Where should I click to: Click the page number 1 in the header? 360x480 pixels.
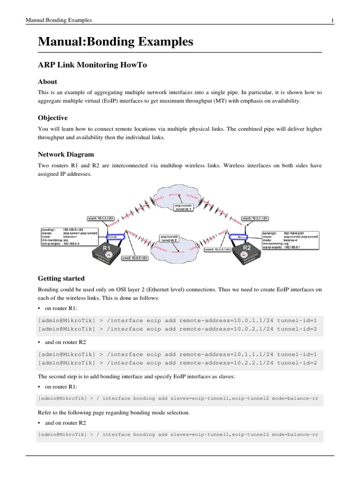point(332,20)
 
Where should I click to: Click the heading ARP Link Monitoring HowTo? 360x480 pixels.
point(92,65)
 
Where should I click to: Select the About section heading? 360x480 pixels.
point(48,82)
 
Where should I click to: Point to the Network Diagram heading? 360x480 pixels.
point(66,154)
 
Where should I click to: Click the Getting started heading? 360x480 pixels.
point(61,278)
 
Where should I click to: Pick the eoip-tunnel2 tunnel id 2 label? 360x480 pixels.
point(169,239)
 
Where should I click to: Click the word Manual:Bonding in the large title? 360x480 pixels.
point(79,42)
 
